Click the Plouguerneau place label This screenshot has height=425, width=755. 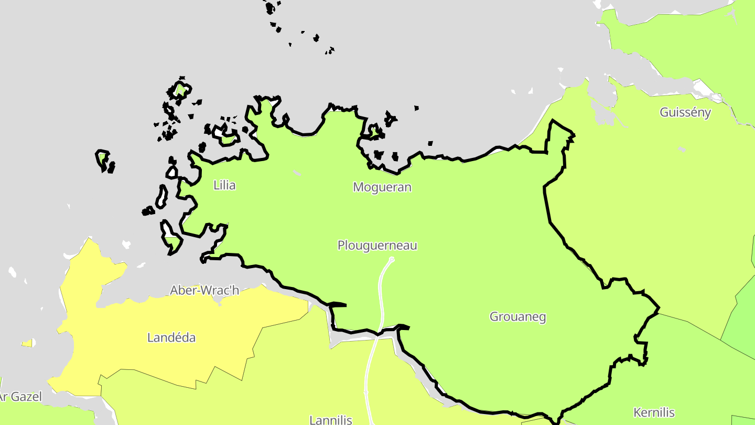377,245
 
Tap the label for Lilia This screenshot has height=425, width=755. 224,185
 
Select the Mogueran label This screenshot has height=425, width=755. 382,187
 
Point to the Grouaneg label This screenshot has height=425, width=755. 517,317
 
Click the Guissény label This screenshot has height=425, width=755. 685,112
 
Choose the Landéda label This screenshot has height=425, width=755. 171,337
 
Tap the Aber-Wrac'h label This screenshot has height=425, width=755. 204,290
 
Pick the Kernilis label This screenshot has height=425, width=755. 654,412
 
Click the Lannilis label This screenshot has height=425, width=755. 331,420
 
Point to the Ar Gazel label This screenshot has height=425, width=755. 20,397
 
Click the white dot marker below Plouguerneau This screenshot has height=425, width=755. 392,260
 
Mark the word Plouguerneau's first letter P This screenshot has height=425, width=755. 341,245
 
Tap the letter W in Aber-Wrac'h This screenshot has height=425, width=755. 203,290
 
